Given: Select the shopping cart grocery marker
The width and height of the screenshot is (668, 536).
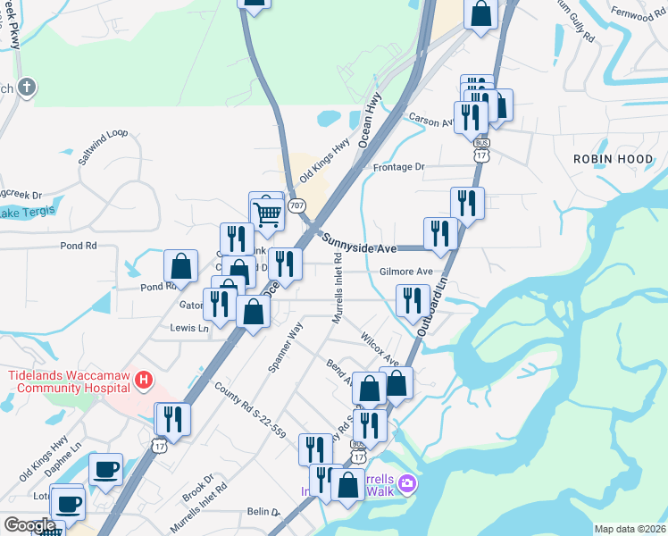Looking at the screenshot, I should [267, 212].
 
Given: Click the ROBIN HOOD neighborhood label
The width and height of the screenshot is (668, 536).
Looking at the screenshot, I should [613, 157].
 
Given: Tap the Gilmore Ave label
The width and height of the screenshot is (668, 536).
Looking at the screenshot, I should [405, 272].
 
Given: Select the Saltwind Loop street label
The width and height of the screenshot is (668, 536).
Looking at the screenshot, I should [104, 147].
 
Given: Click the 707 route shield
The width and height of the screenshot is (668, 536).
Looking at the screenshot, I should [297, 204].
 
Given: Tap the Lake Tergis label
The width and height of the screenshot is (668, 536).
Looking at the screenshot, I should [27, 212].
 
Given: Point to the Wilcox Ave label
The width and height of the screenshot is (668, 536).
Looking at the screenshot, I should [380, 346].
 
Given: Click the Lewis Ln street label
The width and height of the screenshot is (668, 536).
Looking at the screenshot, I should [189, 328].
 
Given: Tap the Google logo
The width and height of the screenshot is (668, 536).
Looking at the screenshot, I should [29, 525].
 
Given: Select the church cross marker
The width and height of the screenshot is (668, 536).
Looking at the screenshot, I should [28, 88].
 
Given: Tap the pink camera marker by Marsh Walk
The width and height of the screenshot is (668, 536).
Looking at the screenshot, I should [407, 483].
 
